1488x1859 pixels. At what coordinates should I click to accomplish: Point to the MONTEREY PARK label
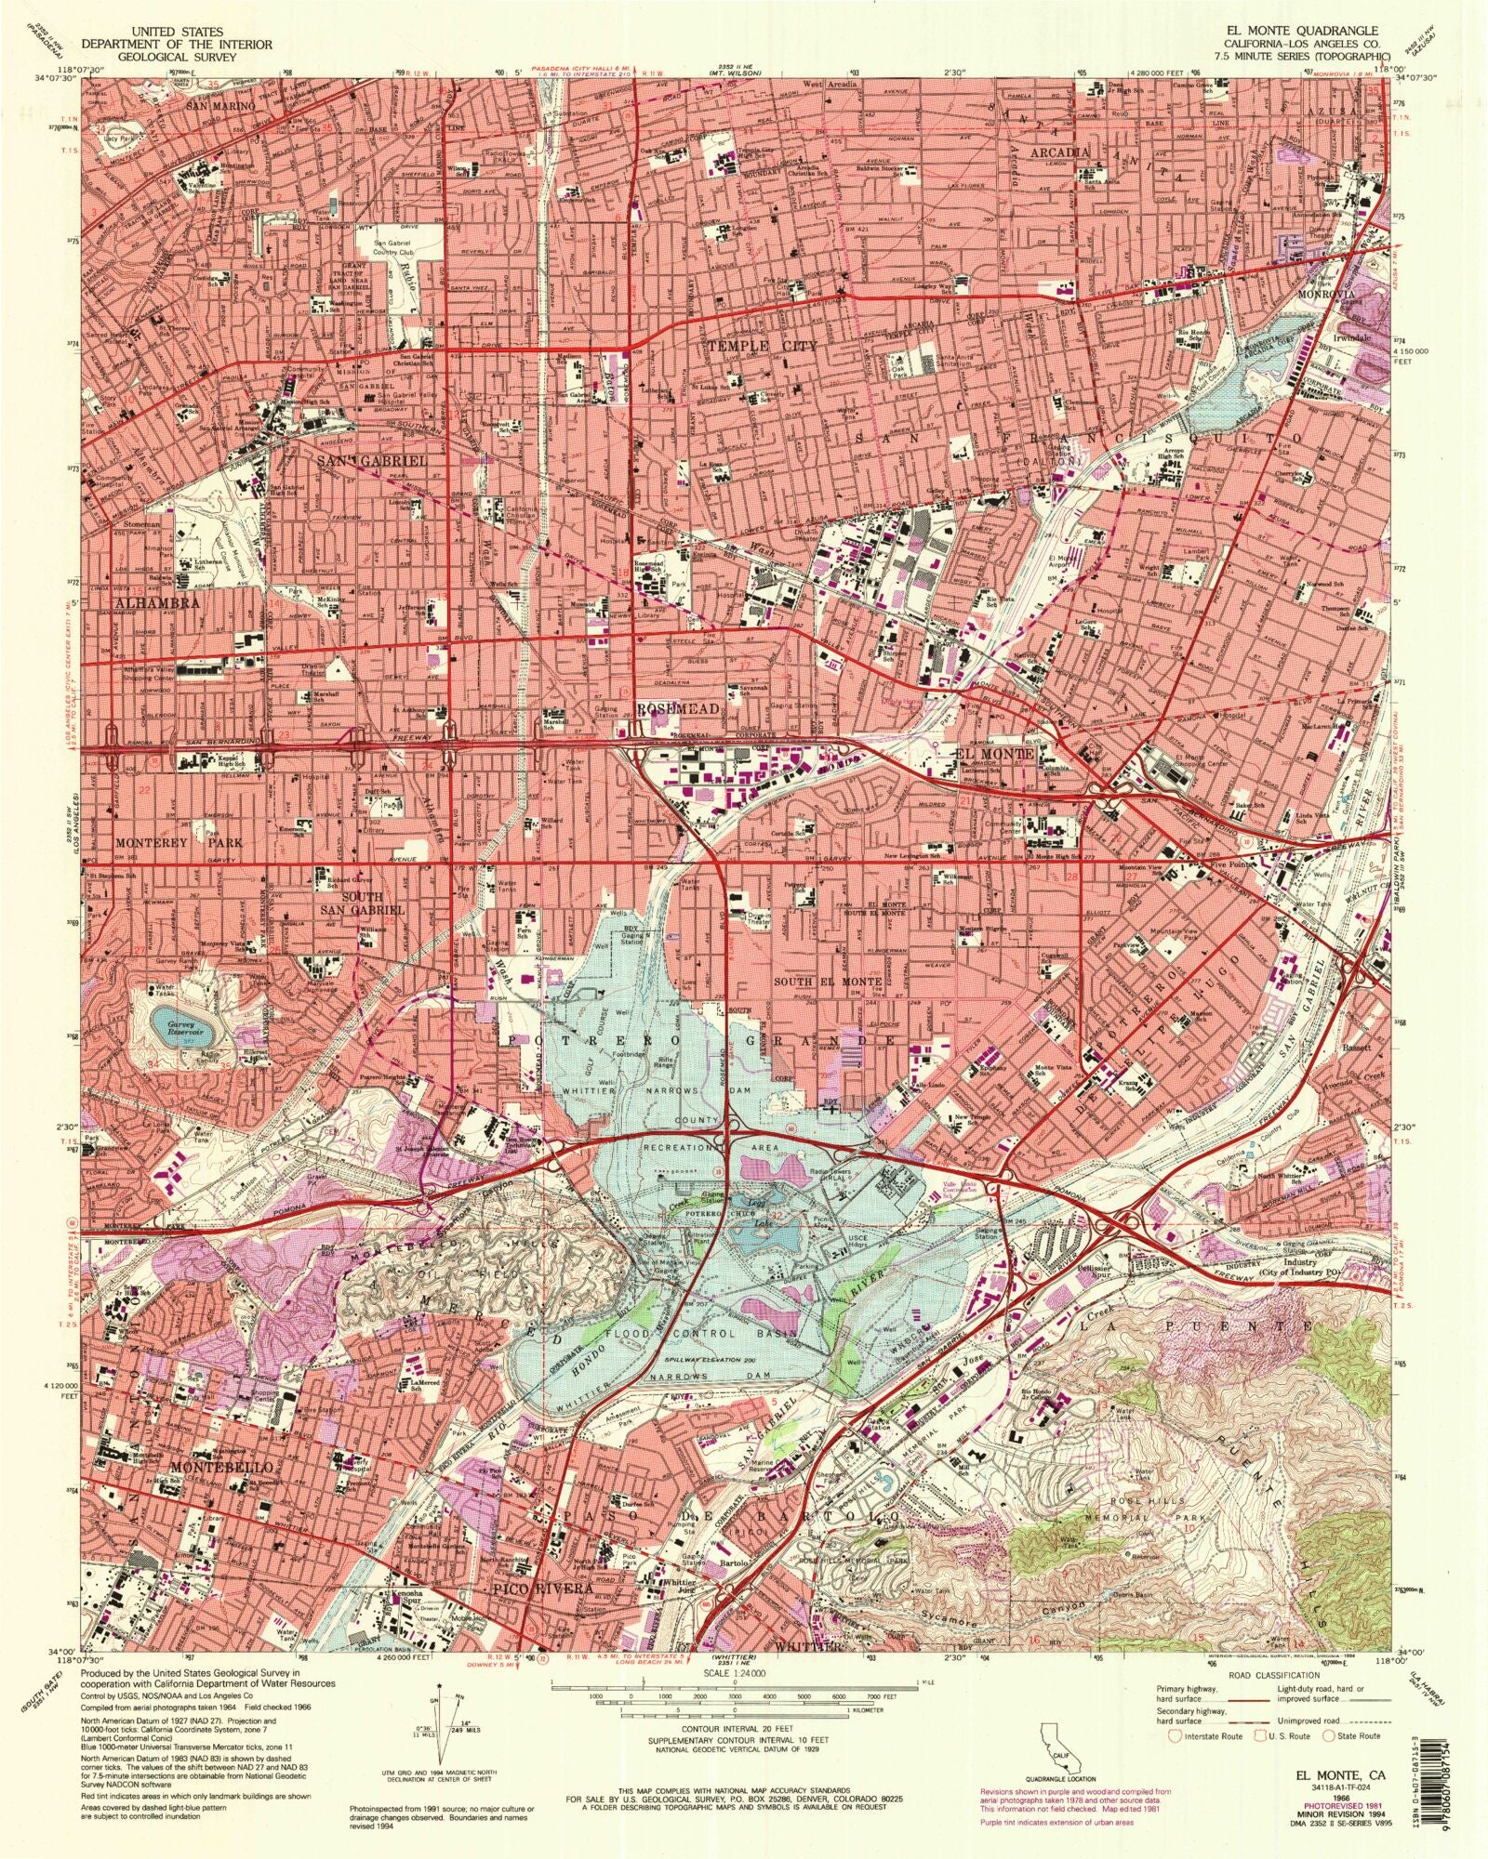tap(179, 842)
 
